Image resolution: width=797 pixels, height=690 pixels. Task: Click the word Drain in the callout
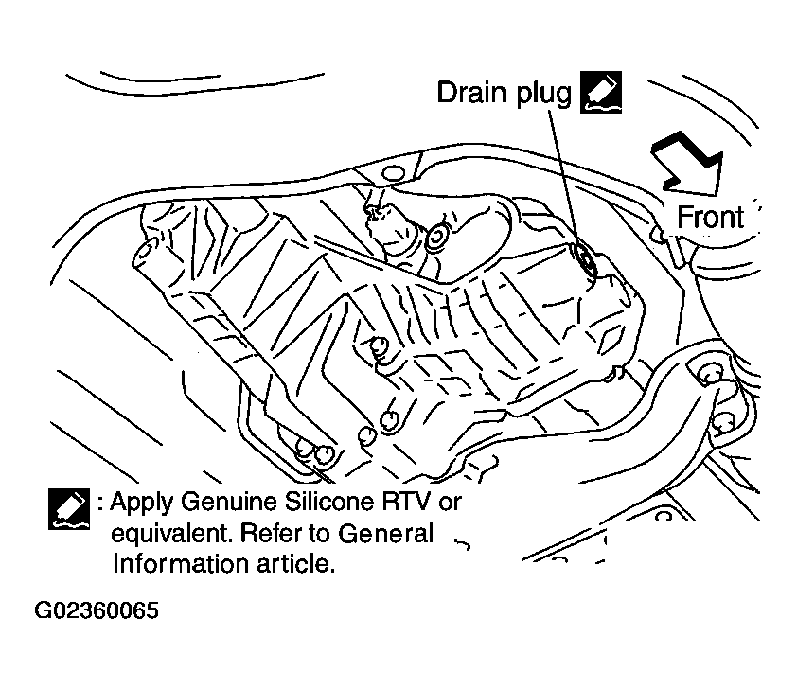pyautogui.click(x=472, y=93)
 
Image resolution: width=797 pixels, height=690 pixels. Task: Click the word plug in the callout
pyautogui.click(x=544, y=95)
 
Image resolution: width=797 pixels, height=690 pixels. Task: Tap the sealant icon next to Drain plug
pyautogui.click(x=601, y=92)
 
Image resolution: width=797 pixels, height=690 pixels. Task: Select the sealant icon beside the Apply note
pyautogui.click(x=69, y=509)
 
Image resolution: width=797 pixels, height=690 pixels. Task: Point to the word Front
pyautogui.click(x=711, y=217)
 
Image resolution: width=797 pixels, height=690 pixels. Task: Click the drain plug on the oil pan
pyautogui.click(x=586, y=259)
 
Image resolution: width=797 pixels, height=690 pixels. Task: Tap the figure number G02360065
pyautogui.click(x=97, y=610)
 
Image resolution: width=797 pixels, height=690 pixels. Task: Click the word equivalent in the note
pyautogui.click(x=171, y=534)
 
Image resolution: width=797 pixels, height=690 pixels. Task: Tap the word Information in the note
pyautogui.click(x=180, y=564)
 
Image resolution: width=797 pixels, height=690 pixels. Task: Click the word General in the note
pyautogui.click(x=385, y=534)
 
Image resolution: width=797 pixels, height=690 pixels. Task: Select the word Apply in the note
pyautogui.click(x=142, y=503)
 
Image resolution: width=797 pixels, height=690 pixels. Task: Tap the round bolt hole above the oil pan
pyautogui.click(x=393, y=174)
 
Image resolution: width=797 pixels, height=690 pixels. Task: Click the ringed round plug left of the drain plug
pyautogui.click(x=437, y=238)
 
